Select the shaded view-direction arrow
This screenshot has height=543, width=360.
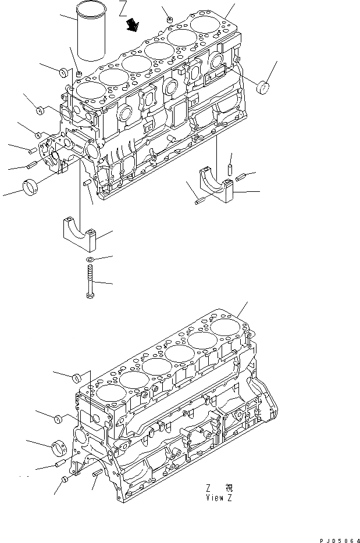pyautogui.click(x=134, y=24)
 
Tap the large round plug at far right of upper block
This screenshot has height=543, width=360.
pyautogui.click(x=265, y=88)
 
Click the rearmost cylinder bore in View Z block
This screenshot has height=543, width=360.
pyautogui.click(x=224, y=326)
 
